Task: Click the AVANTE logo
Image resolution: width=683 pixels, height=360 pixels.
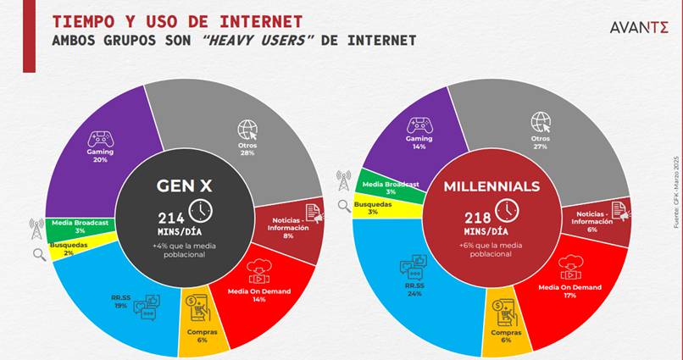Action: click(639, 28)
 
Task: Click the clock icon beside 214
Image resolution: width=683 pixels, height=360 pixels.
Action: click(200, 210)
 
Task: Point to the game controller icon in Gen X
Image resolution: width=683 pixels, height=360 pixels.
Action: click(102, 138)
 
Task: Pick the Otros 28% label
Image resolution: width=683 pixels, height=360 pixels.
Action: click(247, 150)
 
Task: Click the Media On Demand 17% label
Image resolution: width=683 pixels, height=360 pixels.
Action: click(569, 292)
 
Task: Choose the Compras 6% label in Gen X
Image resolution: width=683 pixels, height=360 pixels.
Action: click(203, 336)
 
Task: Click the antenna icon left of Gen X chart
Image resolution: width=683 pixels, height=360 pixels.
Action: click(36, 227)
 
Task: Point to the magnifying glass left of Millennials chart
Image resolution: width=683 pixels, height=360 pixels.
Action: click(344, 205)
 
